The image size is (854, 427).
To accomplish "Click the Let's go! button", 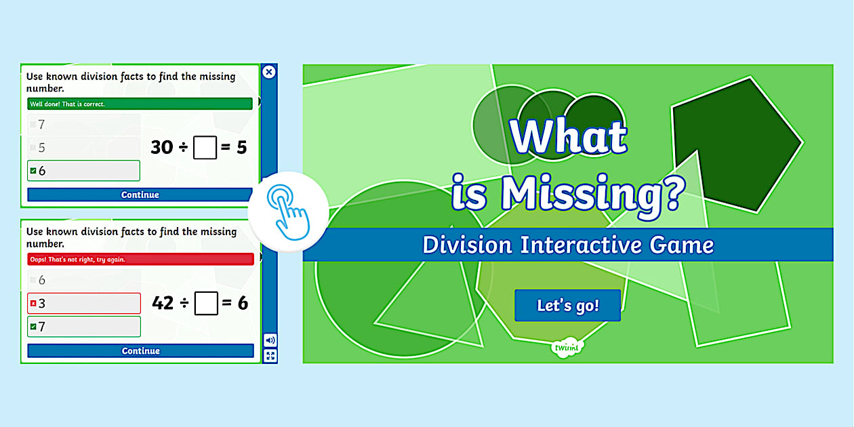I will [x=567, y=305].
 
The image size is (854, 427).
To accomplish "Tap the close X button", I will [x=269, y=72].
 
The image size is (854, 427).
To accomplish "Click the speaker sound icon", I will [x=270, y=340].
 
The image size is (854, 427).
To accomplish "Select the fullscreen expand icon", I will [x=270, y=356].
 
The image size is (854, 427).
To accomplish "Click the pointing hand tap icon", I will [x=288, y=211].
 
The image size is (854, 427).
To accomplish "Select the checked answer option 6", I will [x=83, y=171].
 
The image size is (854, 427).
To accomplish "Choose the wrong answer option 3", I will [x=83, y=304].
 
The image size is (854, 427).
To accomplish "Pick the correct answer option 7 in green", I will [x=83, y=327].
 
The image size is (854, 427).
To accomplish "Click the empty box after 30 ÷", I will [x=205, y=147].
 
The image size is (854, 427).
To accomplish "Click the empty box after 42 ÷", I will [x=206, y=304].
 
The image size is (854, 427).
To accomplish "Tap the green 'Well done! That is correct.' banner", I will [x=140, y=104].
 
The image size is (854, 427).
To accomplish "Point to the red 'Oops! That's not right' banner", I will [x=140, y=259].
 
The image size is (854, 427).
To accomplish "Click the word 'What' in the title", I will [x=568, y=138].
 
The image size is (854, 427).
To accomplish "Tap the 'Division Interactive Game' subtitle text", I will [x=568, y=245].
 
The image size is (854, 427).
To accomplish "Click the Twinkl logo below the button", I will [x=568, y=348].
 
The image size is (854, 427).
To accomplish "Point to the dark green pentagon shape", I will [x=732, y=142].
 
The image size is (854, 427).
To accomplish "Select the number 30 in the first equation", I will [x=162, y=146].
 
